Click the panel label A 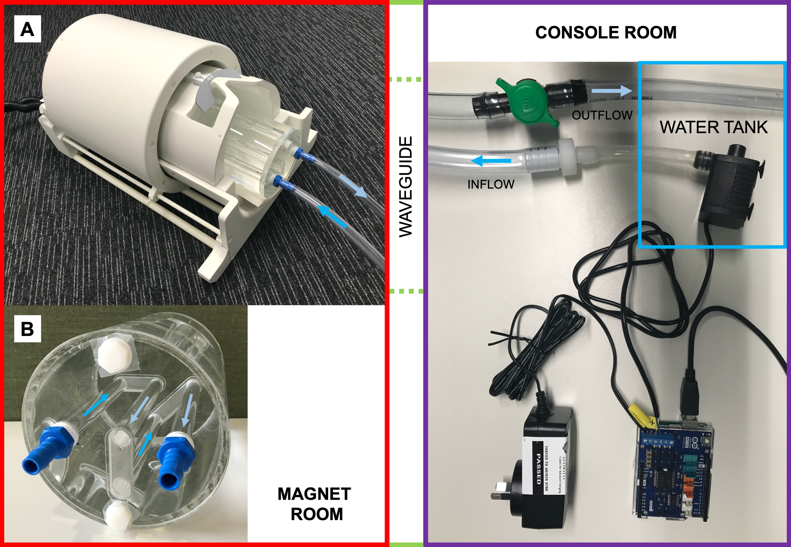coord(27,29)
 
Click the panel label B coord(27,329)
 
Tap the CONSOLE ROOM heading coord(606,32)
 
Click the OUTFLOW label coord(602,115)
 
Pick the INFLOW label coord(491,184)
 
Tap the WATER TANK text coord(713,127)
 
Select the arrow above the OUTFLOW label coord(612,91)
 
